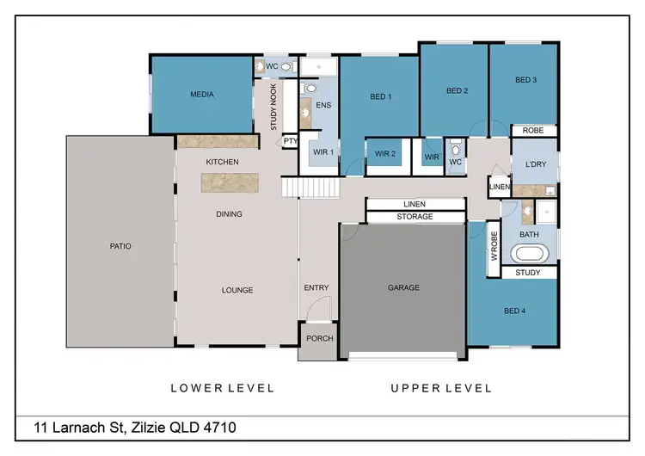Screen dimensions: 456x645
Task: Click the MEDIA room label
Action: click(202, 95)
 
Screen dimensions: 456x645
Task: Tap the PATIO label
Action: click(120, 246)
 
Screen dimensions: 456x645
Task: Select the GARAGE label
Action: click(403, 287)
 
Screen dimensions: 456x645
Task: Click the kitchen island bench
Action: click(230, 182)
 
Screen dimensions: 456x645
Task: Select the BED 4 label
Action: click(513, 311)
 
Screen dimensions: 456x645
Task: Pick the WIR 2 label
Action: click(384, 155)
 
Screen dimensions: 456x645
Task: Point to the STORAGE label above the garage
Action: click(415, 216)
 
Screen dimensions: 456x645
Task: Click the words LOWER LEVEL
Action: click(222, 388)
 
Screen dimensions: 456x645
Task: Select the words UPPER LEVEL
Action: click(441, 388)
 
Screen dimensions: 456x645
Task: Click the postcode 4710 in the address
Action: click(219, 427)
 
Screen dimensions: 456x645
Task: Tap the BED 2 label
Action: click(457, 90)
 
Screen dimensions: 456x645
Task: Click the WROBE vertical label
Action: click(494, 246)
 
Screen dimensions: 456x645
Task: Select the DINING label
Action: click(229, 214)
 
